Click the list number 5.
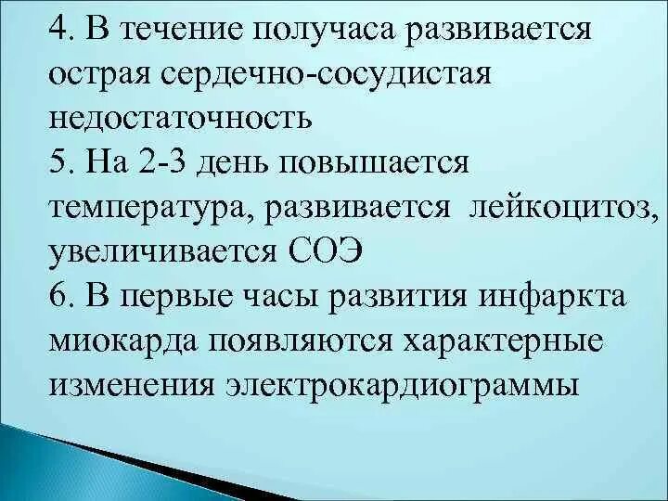click(64, 164)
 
